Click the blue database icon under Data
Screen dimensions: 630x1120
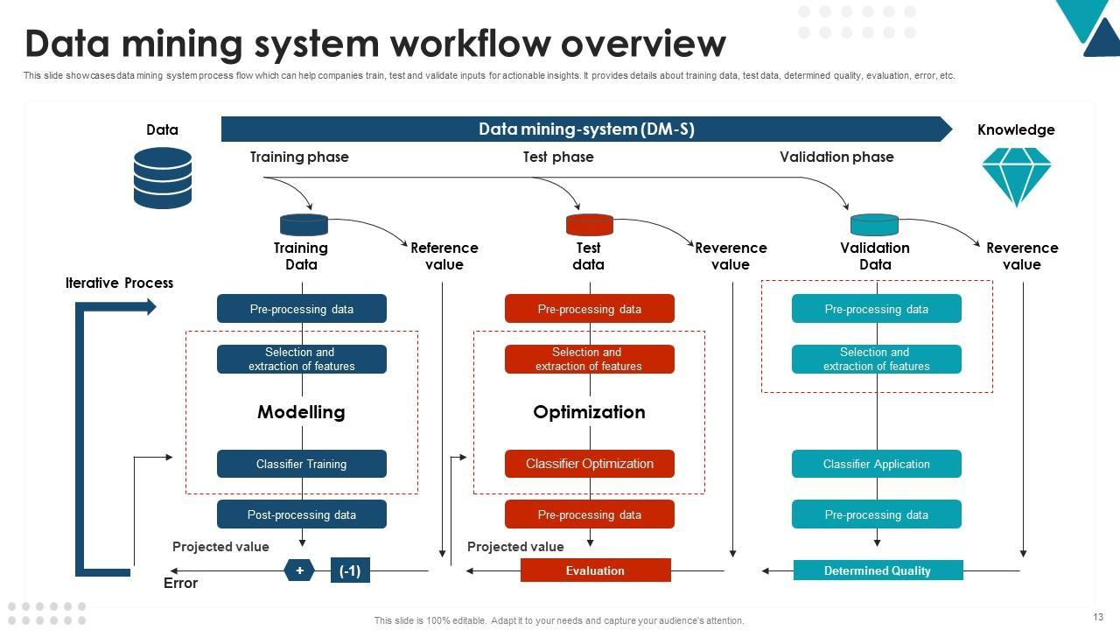click(163, 178)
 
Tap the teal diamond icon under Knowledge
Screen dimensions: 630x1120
click(1016, 176)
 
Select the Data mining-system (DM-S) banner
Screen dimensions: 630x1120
click(586, 129)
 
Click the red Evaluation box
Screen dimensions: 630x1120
click(595, 570)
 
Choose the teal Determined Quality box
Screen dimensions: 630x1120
click(878, 570)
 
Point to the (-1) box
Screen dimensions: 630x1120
click(350, 570)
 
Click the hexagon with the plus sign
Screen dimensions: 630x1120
click(299, 570)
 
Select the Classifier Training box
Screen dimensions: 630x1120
click(301, 464)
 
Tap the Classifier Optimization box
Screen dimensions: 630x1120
click(589, 464)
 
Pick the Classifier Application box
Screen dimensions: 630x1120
click(876, 464)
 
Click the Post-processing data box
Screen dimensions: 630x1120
click(301, 514)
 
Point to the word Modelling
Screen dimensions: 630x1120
click(301, 412)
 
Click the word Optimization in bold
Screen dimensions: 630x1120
click(589, 412)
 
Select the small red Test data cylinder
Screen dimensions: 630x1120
click(589, 225)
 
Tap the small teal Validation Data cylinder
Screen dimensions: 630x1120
click(874, 225)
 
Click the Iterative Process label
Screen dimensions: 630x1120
click(119, 283)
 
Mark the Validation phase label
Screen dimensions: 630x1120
click(836, 157)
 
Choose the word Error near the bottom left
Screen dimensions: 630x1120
click(180, 583)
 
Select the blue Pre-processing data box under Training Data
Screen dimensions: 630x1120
click(301, 309)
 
